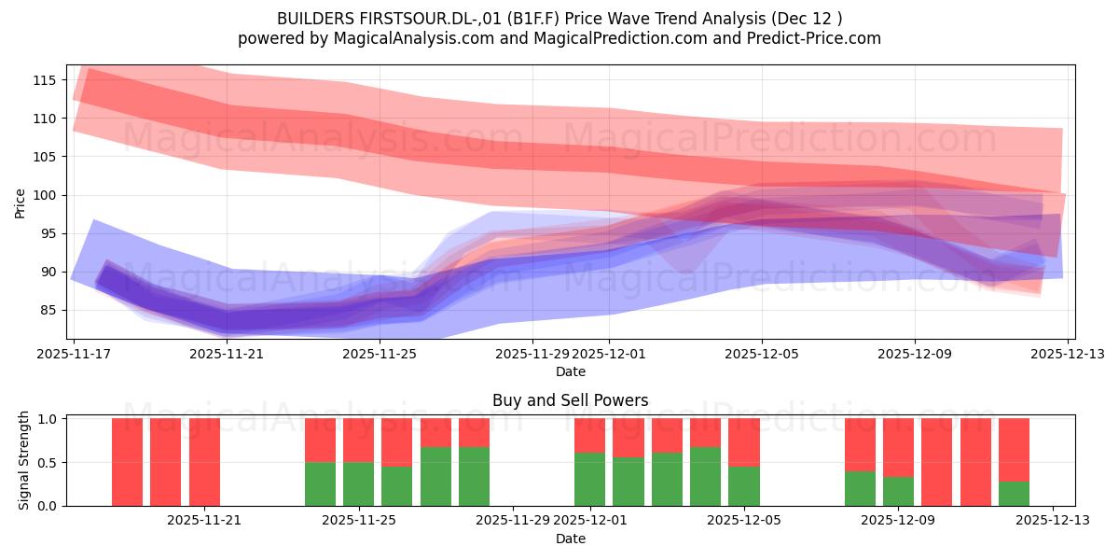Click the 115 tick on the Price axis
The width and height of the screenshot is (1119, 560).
click(45, 80)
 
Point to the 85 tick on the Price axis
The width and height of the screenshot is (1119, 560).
click(48, 311)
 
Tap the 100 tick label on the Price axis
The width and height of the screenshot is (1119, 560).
click(45, 195)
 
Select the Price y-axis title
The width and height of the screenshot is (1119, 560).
click(20, 203)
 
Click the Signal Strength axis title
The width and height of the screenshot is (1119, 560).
click(23, 460)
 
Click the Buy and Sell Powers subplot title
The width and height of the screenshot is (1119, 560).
click(571, 400)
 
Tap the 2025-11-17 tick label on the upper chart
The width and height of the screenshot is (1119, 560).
click(74, 354)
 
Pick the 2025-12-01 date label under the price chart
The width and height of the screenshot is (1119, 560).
click(609, 354)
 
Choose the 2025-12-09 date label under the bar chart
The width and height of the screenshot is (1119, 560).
click(898, 521)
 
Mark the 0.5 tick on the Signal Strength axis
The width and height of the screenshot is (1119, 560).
click(48, 463)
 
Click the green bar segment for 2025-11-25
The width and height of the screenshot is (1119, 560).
click(359, 484)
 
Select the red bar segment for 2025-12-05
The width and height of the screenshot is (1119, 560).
click(744, 442)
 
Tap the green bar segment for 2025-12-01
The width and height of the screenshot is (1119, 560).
click(589, 480)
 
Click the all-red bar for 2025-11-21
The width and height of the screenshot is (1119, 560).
click(204, 462)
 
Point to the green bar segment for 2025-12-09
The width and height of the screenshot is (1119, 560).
click(898, 492)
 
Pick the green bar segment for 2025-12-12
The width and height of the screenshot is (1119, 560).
click(1015, 494)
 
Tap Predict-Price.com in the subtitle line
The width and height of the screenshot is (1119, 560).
click(814, 38)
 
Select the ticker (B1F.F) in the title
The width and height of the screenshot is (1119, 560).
click(533, 19)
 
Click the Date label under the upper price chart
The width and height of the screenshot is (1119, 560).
click(571, 371)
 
